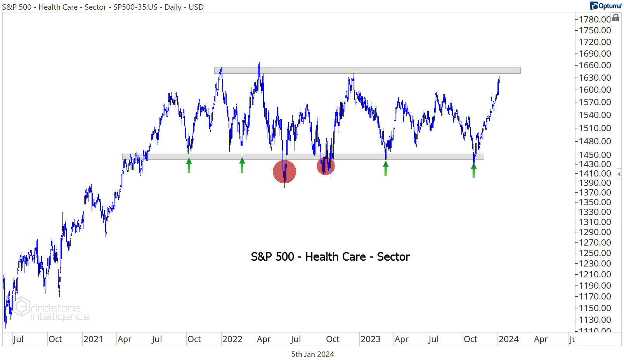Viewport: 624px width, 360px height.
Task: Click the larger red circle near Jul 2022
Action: [x=284, y=171]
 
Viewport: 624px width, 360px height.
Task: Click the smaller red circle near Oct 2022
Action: [x=326, y=166]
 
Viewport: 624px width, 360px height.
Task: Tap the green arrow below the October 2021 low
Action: [x=189, y=166]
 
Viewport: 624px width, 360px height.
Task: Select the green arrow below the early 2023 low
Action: [x=385, y=169]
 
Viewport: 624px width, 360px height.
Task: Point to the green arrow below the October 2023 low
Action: [x=474, y=171]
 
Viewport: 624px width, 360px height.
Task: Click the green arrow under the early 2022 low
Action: [x=242, y=165]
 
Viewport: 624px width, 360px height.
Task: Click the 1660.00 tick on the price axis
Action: [x=595, y=65]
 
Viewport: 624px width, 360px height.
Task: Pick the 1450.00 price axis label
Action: [x=595, y=155]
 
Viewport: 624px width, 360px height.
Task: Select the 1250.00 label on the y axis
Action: [x=595, y=253]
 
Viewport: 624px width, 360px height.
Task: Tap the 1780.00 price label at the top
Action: [x=595, y=19]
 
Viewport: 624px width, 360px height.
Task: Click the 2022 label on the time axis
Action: [x=232, y=339]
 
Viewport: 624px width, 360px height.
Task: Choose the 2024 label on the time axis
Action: [x=508, y=339]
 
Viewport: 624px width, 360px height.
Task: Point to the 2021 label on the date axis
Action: [x=93, y=339]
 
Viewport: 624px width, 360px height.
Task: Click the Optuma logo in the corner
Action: [x=606, y=6]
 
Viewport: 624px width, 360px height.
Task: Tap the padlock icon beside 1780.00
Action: [x=616, y=18]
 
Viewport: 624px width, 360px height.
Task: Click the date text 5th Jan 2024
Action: [x=312, y=354]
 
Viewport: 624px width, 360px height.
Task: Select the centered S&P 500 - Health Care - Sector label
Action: [x=330, y=257]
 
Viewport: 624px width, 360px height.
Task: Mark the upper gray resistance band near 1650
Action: [x=367, y=71]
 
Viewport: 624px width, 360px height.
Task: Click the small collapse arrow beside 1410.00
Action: [x=619, y=174]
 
